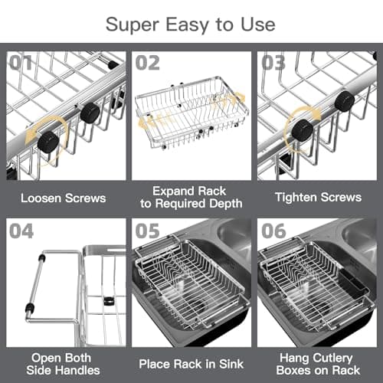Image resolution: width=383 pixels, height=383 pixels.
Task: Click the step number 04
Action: tap(22, 231)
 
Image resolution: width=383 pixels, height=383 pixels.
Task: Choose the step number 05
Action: tap(149, 231)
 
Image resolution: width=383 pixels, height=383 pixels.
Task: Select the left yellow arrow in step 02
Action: tap(151, 119)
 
